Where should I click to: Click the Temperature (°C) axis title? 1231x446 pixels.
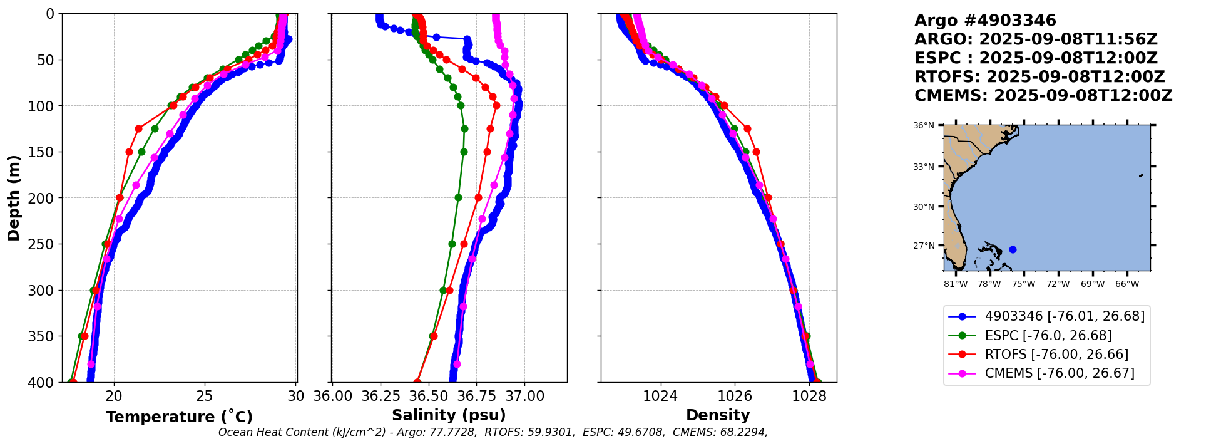coord(179,417)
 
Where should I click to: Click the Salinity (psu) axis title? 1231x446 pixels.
coord(449,415)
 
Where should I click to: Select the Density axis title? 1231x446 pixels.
coord(718,415)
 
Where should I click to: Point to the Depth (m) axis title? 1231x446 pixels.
coord(14,197)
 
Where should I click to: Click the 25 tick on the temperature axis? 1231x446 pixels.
coord(205,396)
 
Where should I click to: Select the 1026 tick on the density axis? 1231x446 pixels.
coord(734,396)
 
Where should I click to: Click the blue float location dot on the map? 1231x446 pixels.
coord(1013,249)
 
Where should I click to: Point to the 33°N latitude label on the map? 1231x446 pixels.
coord(923,167)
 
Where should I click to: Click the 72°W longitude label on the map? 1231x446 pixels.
coord(1058,284)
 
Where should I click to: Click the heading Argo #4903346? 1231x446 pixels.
coord(985,21)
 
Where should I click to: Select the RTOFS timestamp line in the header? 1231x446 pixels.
coord(1039,77)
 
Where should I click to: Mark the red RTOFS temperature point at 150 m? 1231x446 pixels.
coord(129,152)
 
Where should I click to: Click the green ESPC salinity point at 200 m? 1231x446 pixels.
coord(458,197)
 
